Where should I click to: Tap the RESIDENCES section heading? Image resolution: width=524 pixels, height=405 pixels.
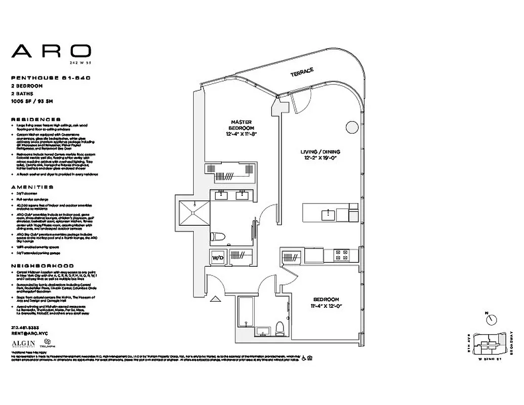click(35, 119)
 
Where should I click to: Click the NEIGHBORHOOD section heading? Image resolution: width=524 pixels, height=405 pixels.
click(43, 266)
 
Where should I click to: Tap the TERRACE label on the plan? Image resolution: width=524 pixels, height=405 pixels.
click(302, 72)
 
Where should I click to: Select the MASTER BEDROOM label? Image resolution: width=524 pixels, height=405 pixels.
click(241, 125)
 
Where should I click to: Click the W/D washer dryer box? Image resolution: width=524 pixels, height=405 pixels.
click(218, 257)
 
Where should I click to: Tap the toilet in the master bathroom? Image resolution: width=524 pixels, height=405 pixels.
click(217, 235)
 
